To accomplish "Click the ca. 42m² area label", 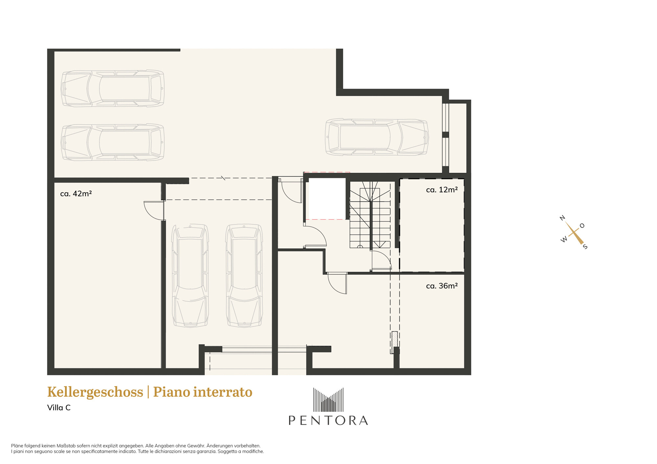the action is point(76,194).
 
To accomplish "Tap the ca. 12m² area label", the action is point(442,190).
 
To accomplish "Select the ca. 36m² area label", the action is point(442,286).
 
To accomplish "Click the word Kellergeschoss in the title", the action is point(95,392).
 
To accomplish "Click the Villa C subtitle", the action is point(59,408).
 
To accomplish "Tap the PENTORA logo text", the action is point(328,420).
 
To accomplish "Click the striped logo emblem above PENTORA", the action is point(328,400).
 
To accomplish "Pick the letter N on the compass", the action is point(562,218).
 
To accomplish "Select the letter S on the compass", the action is point(585,247).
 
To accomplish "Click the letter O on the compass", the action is point(582,226).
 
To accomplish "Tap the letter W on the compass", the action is point(564,240).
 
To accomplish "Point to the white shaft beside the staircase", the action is point(327,199).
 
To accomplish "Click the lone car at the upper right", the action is point(377,137).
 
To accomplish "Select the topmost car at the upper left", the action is point(113,89).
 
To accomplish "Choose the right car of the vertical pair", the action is point(244,276).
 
